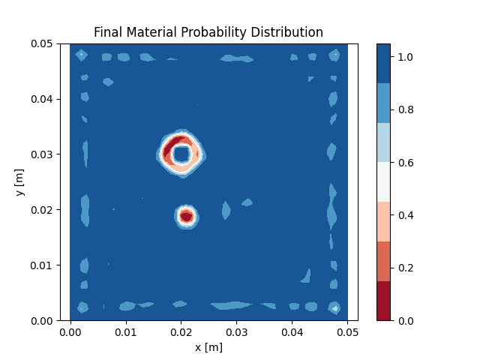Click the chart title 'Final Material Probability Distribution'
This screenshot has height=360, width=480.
208,32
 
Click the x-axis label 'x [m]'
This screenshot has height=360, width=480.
208,347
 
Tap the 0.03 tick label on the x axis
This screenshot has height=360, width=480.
237,331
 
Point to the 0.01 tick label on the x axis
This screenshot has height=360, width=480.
126,331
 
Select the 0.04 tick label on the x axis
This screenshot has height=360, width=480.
292,331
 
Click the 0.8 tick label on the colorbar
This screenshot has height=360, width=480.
406,109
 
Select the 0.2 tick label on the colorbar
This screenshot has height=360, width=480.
406,268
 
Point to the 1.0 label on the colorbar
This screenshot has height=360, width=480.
406,57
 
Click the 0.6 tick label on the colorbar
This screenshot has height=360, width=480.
406,163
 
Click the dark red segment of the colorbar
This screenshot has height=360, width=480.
383,301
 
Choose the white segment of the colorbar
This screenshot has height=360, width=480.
383,182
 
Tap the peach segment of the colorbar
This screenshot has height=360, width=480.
383,221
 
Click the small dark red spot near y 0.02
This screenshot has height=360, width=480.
186,216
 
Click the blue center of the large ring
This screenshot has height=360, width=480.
181,154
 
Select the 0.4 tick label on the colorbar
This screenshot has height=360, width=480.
406,215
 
